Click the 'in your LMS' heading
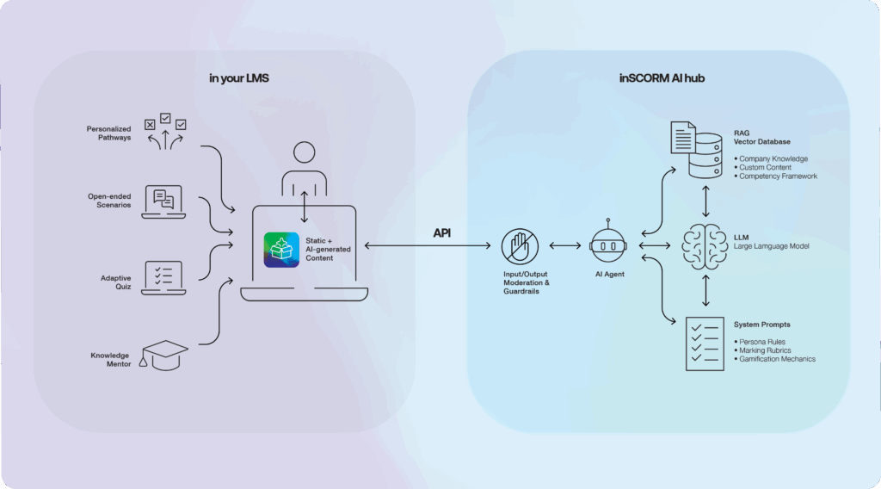234,78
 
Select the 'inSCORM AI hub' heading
661,78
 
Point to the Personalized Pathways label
108,133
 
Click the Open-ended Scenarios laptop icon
163,202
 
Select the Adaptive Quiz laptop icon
163,276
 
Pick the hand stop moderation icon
520,247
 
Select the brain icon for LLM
705,247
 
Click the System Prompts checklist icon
705,344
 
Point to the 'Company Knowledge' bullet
772,159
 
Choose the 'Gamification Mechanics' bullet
777,359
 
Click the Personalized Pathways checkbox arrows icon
165,132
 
